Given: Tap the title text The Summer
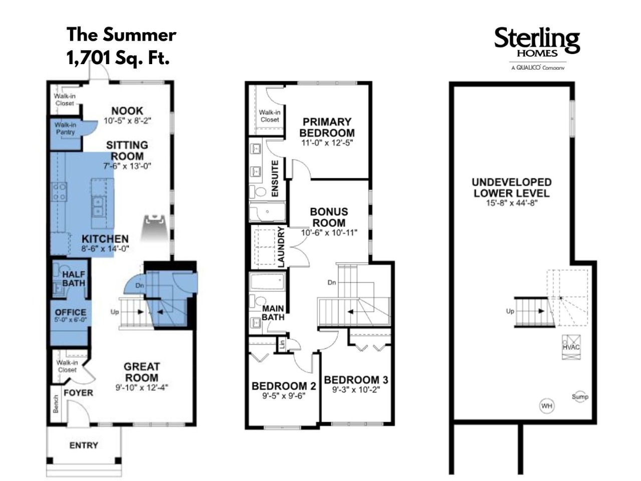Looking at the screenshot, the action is [121, 35].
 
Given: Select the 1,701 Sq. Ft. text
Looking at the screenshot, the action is [118, 58].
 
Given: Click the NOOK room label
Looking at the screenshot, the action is [127, 111].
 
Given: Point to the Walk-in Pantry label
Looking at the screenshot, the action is [66, 128].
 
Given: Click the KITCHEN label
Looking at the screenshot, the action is [105, 238].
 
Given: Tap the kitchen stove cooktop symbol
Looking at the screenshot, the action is [59, 191].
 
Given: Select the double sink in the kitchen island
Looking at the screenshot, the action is [98, 207].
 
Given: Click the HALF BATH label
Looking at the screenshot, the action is [74, 279].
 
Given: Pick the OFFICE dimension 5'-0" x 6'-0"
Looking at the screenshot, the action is [71, 320].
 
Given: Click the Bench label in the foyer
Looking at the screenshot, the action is [56, 404].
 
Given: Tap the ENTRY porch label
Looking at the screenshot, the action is [84, 445].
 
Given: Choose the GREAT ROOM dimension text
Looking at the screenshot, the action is [142, 388].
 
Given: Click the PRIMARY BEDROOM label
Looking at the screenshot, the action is [327, 127].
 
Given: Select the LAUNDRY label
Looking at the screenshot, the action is [281, 247].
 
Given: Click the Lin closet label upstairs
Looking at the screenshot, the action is [282, 344].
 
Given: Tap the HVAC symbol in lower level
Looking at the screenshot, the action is [571, 347].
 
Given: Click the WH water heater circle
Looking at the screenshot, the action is [547, 406].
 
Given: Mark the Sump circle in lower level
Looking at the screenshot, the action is [580, 397].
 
